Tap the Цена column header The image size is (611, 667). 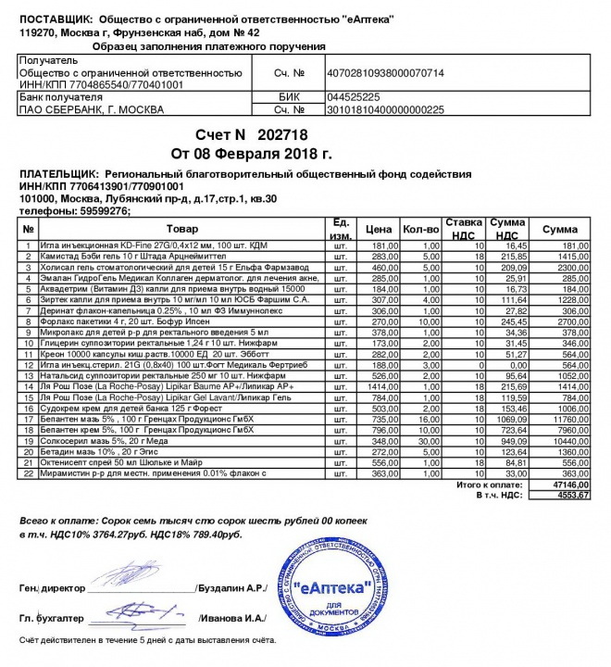tap(379, 229)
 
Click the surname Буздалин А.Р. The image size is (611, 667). tap(231, 588)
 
